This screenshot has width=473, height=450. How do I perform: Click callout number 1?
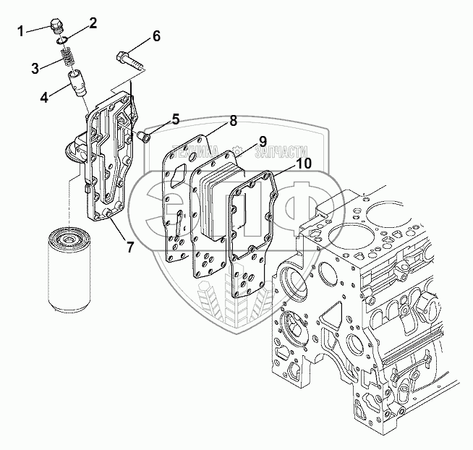pos(21,30)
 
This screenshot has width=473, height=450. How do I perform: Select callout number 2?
pos(93,24)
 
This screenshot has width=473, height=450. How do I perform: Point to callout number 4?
pos(44,95)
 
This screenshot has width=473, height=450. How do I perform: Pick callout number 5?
pos(175,118)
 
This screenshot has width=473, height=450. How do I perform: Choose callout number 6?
pos(156,36)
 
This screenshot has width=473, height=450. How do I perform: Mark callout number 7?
pos(129,247)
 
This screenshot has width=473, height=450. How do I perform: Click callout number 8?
pos(234,121)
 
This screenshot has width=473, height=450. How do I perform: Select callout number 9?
pos(262,140)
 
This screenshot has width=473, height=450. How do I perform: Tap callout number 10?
pos(304,164)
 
